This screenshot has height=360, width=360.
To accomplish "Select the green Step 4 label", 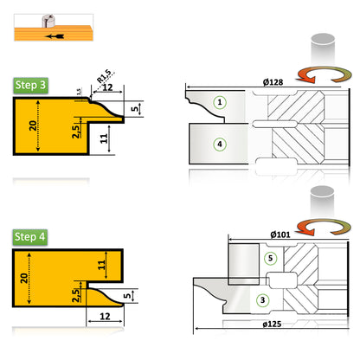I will (30, 236).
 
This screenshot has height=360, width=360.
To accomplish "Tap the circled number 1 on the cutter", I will (221, 102).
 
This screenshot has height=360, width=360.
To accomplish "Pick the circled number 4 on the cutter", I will (221, 145).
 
